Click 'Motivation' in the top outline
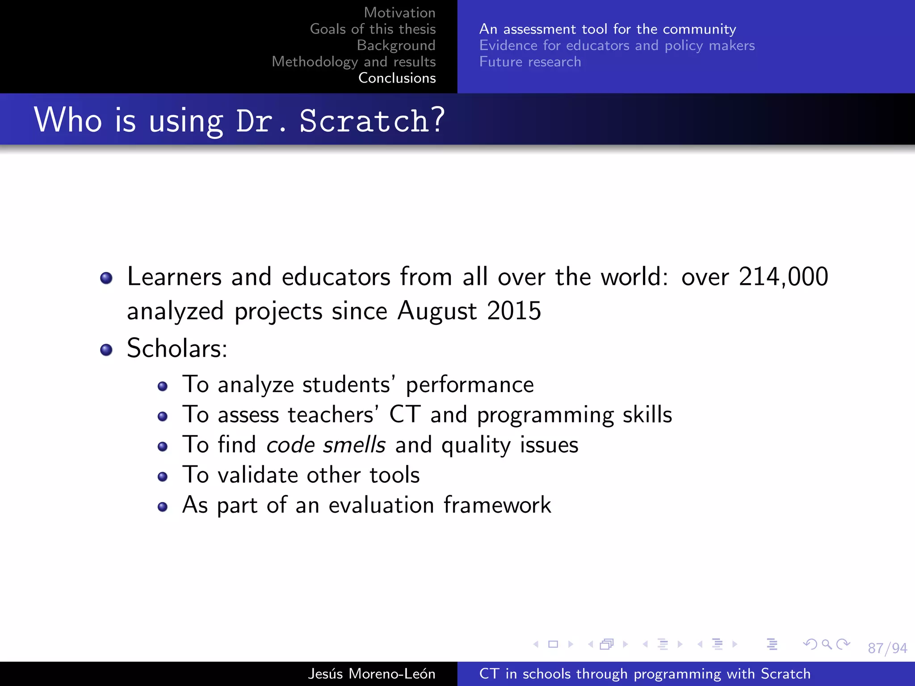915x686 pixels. pos(399,13)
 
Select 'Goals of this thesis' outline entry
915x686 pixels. pos(373,29)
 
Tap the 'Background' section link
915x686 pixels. pos(396,45)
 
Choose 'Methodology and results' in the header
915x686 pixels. pos(353,62)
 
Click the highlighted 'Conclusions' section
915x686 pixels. pos(397,78)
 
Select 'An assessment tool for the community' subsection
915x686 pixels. pos(607,29)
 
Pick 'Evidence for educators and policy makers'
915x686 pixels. pos(617,45)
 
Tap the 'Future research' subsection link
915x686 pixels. pos(530,62)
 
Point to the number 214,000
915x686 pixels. pos(783,277)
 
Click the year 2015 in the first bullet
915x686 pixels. pos(514,311)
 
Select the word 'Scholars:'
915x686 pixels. pos(177,348)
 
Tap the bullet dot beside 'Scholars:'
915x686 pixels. pos(106,350)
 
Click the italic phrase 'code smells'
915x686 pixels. pos(326,445)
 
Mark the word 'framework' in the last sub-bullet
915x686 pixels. pos(497,505)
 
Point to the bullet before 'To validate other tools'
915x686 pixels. pos(163,477)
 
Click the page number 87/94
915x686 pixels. pos(887,648)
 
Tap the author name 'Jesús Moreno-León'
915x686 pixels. pos(371,673)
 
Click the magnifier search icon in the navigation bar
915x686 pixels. pos(827,644)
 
